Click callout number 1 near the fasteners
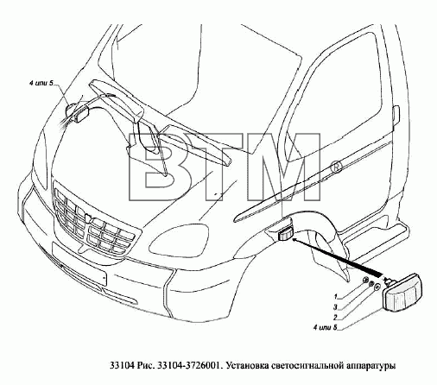(335, 296)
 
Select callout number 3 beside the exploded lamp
(335, 307)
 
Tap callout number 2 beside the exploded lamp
(335, 318)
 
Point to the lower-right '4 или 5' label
(325, 327)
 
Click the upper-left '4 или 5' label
(41, 83)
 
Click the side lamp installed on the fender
(285, 233)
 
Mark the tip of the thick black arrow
(293, 238)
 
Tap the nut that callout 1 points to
(365, 279)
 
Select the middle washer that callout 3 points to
(370, 283)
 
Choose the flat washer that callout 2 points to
(377, 287)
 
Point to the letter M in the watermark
(284, 167)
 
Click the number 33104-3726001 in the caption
(189, 365)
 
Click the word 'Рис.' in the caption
(146, 366)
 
